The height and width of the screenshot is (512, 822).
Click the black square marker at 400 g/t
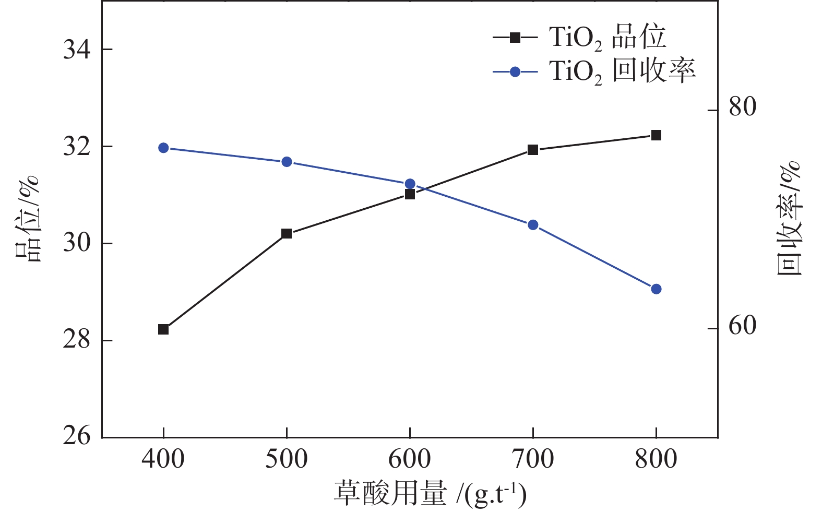(x=163, y=329)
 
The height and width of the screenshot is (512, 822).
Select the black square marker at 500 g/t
(x=287, y=233)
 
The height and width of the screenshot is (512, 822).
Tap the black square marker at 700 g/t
(x=533, y=150)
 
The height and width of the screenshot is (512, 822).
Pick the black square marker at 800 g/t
(x=656, y=135)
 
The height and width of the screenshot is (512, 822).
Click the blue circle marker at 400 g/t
(x=163, y=148)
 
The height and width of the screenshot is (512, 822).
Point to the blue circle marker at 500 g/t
(x=287, y=162)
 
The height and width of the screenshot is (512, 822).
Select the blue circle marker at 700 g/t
(x=533, y=225)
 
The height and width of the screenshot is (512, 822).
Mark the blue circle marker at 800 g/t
(x=656, y=289)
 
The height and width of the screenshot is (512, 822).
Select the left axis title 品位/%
(x=27, y=219)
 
